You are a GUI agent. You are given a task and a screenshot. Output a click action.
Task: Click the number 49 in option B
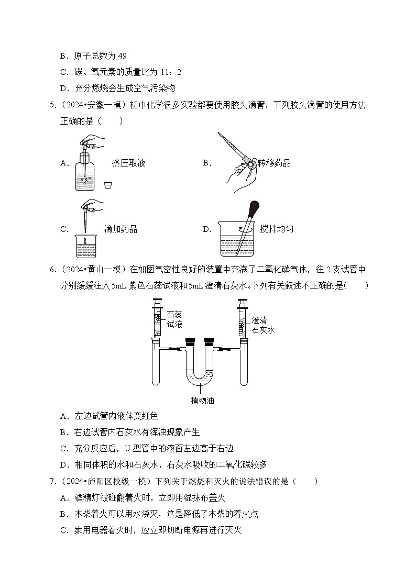(x=122, y=56)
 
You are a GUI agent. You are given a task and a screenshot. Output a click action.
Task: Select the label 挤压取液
(x=128, y=163)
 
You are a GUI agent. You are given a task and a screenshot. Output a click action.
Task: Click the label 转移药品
(x=273, y=163)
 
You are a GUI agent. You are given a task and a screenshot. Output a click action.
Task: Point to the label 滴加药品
(x=121, y=229)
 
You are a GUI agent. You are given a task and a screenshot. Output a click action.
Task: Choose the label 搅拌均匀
(x=276, y=229)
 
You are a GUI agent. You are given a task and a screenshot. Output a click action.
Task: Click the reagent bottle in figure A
(x=85, y=175)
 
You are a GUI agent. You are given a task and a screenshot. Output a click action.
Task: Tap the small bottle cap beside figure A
(x=108, y=185)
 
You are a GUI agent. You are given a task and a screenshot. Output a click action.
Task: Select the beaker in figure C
(x=85, y=247)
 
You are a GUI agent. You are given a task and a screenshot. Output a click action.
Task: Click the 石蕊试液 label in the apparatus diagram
(x=174, y=319)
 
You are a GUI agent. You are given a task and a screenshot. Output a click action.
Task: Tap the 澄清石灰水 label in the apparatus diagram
(x=263, y=325)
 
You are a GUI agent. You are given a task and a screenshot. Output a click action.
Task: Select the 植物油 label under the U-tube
(x=202, y=401)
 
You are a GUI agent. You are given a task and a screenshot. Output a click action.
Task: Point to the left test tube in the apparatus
(x=157, y=367)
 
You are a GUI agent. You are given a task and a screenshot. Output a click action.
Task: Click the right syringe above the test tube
(x=242, y=319)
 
